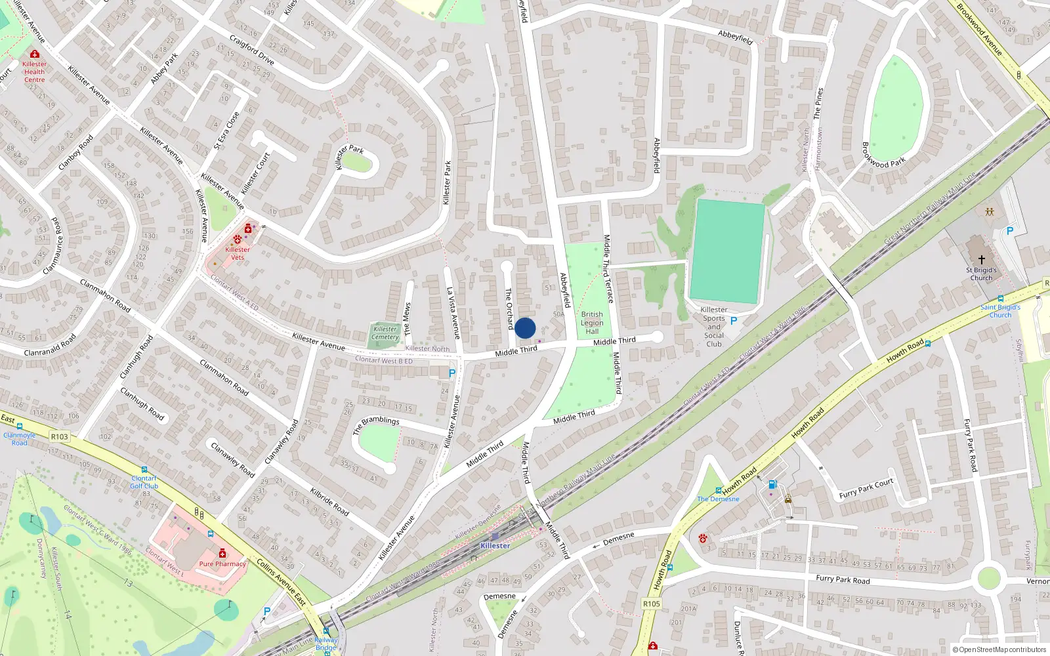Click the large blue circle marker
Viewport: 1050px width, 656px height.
point(525,328)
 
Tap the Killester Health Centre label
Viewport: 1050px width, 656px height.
point(34,72)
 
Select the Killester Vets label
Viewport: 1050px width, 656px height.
point(238,253)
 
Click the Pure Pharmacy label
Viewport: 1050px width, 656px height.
point(222,564)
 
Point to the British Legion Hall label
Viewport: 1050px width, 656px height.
point(592,323)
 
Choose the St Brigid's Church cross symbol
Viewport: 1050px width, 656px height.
point(982,260)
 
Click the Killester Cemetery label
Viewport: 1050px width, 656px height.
point(385,333)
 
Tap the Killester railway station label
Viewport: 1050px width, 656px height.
point(495,545)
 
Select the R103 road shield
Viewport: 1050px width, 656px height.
point(59,436)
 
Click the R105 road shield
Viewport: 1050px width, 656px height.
point(652,604)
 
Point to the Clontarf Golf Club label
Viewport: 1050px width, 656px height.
point(144,482)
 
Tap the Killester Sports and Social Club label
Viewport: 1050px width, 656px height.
point(714,327)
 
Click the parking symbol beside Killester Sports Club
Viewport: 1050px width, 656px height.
point(734,321)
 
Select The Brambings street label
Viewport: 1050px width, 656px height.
point(376,424)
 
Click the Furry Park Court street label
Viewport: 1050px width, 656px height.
point(866,489)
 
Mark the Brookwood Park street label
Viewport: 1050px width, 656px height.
point(883,155)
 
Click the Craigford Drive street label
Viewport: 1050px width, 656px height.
point(252,50)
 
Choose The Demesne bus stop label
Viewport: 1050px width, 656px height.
point(718,499)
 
